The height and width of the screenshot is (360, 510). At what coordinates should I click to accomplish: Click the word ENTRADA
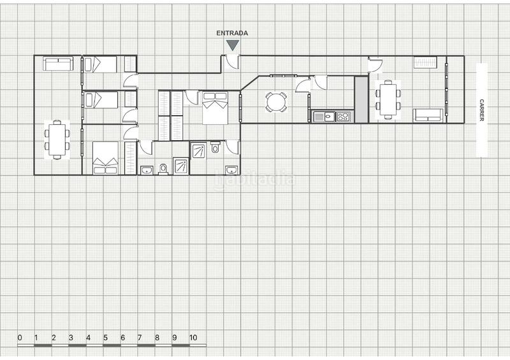coord(232,33)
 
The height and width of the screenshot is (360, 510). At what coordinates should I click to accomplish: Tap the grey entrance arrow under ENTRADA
coord(233,45)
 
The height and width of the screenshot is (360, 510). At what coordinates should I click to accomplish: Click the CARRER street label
coord(482,110)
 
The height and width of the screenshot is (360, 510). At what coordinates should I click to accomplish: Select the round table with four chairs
coord(276,102)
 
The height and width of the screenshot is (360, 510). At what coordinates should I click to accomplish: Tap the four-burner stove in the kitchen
coord(343,117)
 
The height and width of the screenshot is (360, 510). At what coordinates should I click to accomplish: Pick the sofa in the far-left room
coord(58,63)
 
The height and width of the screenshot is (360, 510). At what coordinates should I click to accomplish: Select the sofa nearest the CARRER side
coord(428,115)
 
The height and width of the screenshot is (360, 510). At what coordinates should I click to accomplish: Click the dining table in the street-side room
coord(388,99)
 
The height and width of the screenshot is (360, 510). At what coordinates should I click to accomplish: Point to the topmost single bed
coord(101,64)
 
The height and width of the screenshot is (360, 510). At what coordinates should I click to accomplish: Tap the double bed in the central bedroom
coord(215,108)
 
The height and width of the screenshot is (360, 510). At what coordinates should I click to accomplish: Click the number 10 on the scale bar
coord(193,338)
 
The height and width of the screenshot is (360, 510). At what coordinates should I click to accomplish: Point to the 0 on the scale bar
coord(20,338)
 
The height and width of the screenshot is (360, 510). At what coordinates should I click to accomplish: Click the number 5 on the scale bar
coord(106,338)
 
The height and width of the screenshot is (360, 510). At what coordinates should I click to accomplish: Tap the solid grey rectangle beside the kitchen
coord(361,99)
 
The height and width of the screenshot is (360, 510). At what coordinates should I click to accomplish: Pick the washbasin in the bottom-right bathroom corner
coord(231,169)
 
